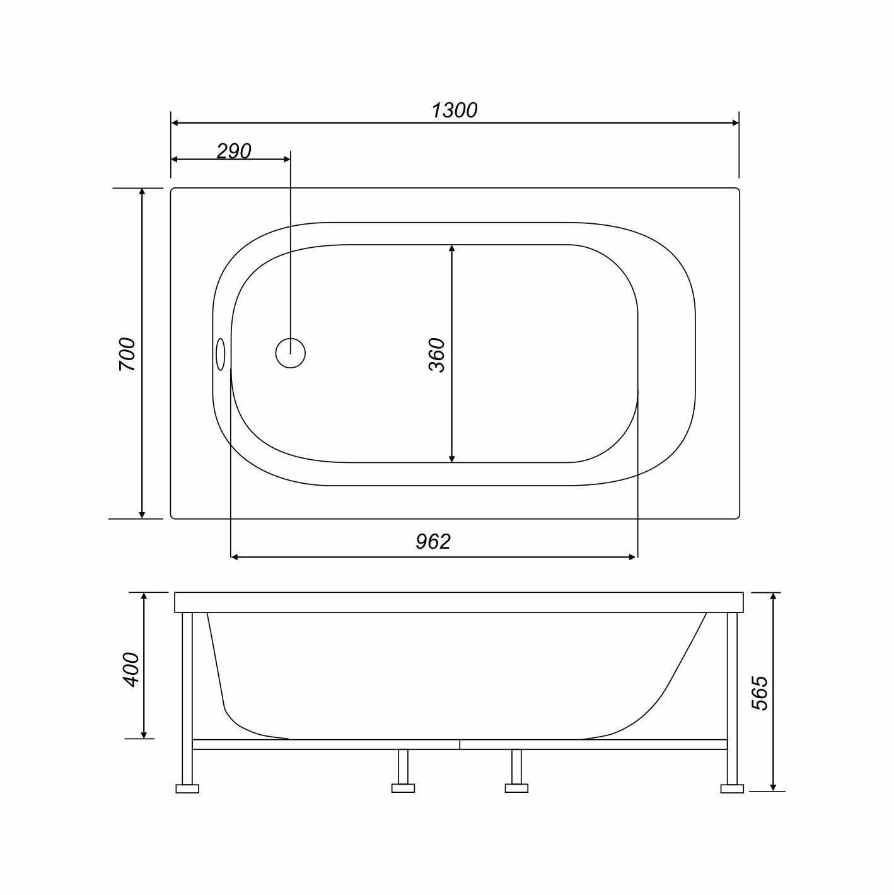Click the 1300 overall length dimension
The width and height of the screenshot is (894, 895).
[x=454, y=110]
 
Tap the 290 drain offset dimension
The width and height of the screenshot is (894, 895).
[x=234, y=151]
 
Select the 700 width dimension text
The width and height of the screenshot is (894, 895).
[x=127, y=353]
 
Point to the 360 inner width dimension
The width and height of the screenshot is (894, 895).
[x=437, y=354]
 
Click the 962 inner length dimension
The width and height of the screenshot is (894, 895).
[x=433, y=541]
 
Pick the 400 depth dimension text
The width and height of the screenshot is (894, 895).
[x=131, y=669]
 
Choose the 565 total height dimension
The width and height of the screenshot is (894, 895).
[x=760, y=693]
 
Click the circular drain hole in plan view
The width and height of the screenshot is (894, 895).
[x=291, y=353]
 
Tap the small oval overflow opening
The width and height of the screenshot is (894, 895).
[x=220, y=354]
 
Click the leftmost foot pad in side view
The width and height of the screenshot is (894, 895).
[x=187, y=788]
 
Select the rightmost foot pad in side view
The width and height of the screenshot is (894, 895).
[x=732, y=788]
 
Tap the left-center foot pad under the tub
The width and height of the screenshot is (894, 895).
[x=403, y=788]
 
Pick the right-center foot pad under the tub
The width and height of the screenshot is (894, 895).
[x=517, y=788]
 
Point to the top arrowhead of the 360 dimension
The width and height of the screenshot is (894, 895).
[x=452, y=250]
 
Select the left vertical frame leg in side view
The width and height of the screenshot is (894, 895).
[x=187, y=697]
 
